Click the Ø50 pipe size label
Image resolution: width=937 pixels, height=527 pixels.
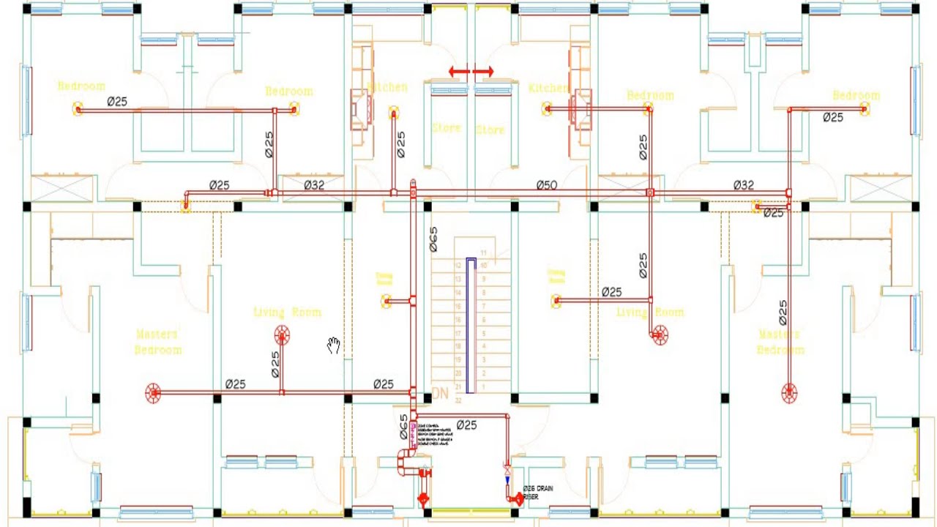click(x=546, y=184)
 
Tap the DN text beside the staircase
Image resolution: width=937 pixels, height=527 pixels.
click(x=440, y=394)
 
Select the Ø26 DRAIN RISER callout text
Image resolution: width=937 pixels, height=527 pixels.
click(x=538, y=492)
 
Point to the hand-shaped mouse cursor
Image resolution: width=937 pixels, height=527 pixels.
click(x=334, y=345)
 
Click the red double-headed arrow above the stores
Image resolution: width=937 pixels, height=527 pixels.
click(x=471, y=72)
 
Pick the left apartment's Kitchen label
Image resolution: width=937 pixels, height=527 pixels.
click(x=388, y=87)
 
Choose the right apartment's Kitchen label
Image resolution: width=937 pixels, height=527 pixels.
click(x=548, y=88)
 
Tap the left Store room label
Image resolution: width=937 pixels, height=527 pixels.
click(x=446, y=128)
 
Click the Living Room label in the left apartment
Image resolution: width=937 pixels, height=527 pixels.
click(x=287, y=313)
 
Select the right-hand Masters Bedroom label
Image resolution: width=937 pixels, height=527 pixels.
click(x=780, y=342)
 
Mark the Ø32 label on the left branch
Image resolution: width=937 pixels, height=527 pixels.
click(x=313, y=184)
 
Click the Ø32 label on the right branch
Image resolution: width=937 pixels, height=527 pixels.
click(x=743, y=185)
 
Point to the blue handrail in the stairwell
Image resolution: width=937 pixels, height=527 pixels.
click(x=471, y=326)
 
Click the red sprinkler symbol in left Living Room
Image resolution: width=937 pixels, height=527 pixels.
click(x=282, y=336)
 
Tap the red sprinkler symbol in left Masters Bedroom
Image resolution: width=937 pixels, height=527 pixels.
click(x=153, y=393)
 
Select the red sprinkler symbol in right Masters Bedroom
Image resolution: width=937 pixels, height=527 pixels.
click(x=789, y=393)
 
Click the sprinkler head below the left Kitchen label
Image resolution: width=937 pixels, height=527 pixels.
click(x=394, y=113)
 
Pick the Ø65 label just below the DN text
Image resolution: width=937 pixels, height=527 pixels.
click(x=403, y=426)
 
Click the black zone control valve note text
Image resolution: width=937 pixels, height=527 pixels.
click(x=432, y=433)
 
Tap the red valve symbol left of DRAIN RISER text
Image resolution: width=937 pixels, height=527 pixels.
click(x=517, y=499)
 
